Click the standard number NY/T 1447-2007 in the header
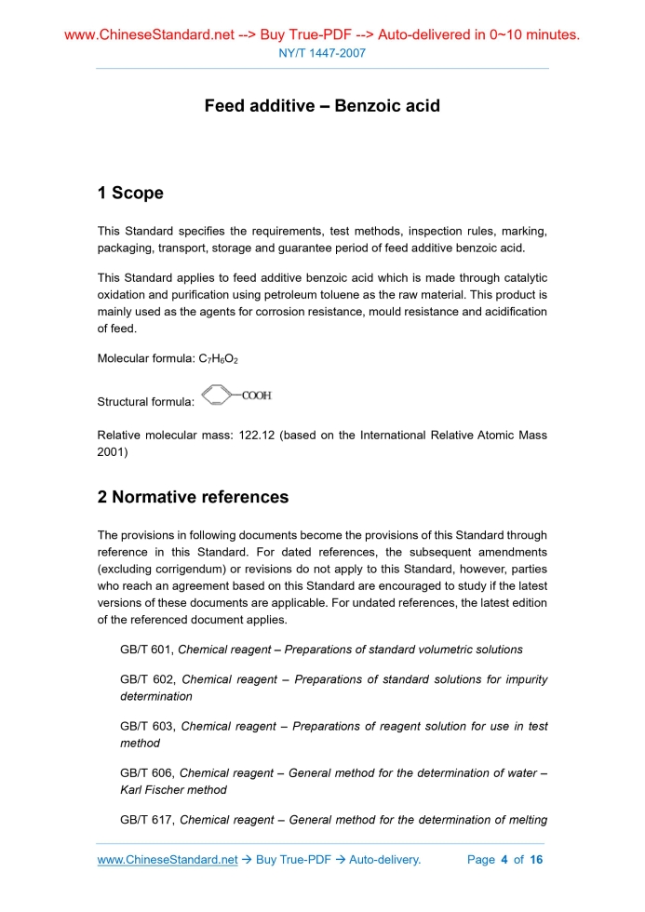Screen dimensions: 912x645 point(322,53)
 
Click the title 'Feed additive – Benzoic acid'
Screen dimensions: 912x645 point(322,106)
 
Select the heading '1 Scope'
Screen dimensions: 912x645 point(130,194)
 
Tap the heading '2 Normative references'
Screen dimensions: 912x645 point(193,497)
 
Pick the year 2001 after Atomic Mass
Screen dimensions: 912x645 point(112,452)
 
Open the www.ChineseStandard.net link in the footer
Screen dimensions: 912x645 point(168,860)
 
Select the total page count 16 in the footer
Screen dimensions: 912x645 point(535,860)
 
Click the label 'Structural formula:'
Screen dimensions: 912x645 point(145,403)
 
